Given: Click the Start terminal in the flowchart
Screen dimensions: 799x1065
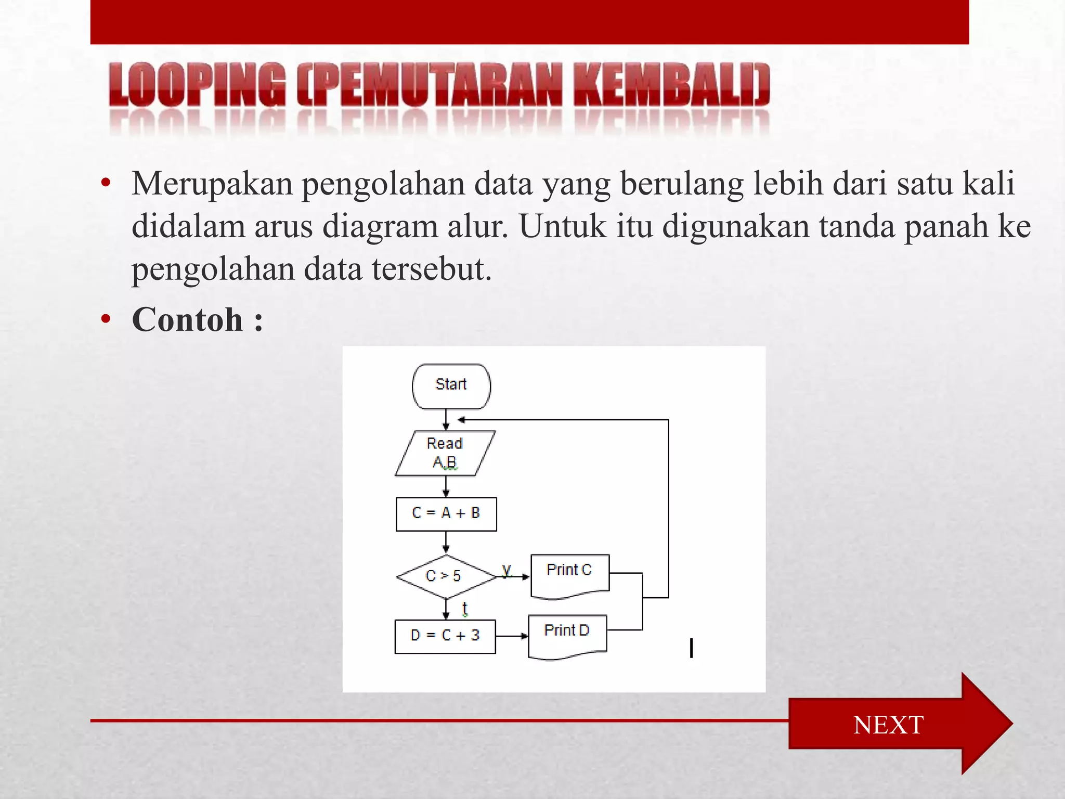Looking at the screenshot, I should pyautogui.click(x=451, y=386).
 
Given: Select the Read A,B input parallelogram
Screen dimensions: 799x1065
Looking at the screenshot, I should pyautogui.click(x=445, y=453).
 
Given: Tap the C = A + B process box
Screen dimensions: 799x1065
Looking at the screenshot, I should pyautogui.click(x=446, y=514).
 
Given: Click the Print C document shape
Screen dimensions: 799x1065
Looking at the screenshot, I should pyautogui.click(x=569, y=574).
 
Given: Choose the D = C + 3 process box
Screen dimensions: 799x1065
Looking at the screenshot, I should pyautogui.click(x=445, y=636).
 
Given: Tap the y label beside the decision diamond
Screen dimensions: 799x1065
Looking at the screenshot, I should pyautogui.click(x=506, y=570).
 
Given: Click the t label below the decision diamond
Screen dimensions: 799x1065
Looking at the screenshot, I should pyautogui.click(x=464, y=608).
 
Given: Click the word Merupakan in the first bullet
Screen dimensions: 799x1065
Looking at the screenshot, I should pyautogui.click(x=212, y=184).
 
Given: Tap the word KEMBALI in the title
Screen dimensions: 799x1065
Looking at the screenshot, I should pyautogui.click(x=671, y=84).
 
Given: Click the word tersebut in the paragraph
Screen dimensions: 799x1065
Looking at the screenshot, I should pyautogui.click(x=431, y=269).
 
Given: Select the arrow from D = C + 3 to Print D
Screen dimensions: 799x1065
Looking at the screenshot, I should pyautogui.click(x=512, y=636).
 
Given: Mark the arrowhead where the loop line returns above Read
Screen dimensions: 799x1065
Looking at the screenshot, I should pyautogui.click(x=461, y=419).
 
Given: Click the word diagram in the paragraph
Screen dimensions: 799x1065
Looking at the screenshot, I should pyautogui.click(x=380, y=227).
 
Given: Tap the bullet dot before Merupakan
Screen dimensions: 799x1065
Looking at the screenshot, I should pyautogui.click(x=106, y=183).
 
